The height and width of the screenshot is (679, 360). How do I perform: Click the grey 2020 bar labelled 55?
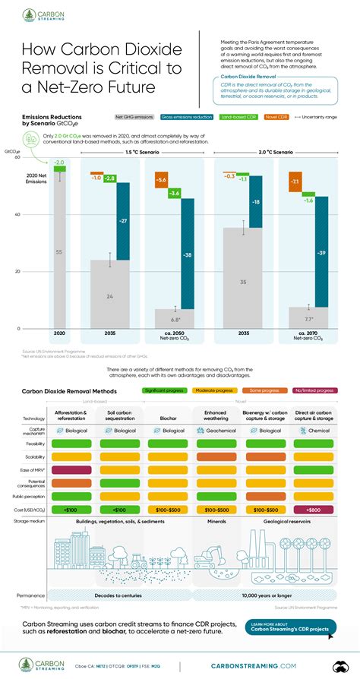point(58,250)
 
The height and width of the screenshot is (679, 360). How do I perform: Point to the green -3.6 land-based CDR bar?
point(174,194)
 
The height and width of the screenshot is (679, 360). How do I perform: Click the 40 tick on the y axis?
point(17,214)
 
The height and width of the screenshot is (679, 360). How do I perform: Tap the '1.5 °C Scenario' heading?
point(142,152)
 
